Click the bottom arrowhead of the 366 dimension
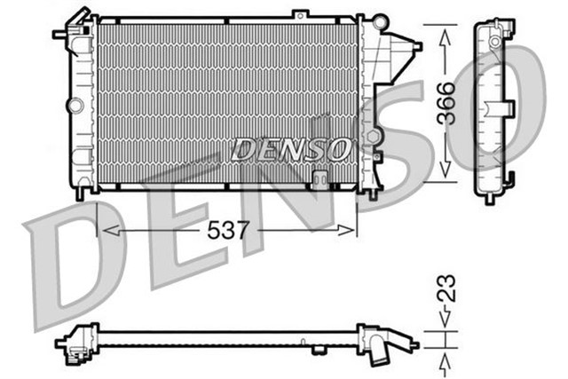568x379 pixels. point(445,173)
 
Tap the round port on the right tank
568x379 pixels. point(377,136)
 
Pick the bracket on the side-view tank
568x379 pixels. point(505,108)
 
